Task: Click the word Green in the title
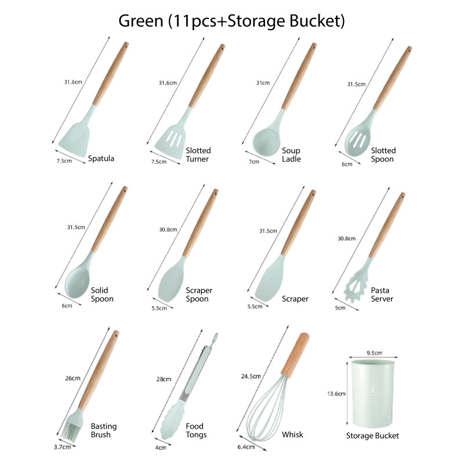coord(141,21)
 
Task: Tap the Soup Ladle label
coord(291,155)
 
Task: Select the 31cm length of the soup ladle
coord(263,83)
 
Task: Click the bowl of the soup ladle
coord(266,142)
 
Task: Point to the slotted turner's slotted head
coord(171,140)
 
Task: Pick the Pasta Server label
coord(382,295)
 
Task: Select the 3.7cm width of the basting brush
coord(62,447)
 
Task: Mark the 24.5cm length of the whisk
coord(251,376)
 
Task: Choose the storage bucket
coord(372,394)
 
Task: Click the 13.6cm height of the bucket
coord(336,394)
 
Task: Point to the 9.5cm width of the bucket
coord(374,353)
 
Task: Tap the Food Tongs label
coord(196,430)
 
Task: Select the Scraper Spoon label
coord(199,295)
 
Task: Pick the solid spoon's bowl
coord(77,282)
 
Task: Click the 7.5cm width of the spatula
coord(64,161)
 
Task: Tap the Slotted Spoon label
coord(383,155)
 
